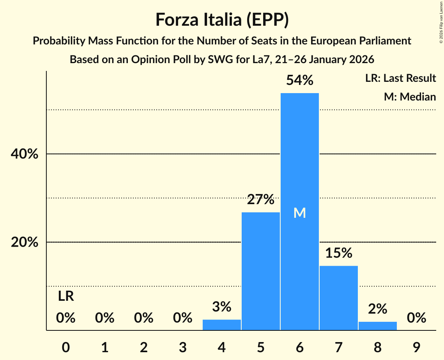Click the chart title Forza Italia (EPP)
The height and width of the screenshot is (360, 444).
click(222, 19)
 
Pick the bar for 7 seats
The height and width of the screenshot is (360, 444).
click(338, 298)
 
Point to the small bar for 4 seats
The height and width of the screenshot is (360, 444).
click(222, 325)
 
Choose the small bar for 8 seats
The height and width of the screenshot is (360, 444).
click(377, 326)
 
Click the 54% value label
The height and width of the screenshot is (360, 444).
click(299, 80)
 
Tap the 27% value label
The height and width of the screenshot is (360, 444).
click(261, 199)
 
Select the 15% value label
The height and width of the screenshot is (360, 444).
click(338, 253)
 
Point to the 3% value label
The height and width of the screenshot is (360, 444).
click(222, 307)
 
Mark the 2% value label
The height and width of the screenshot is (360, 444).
click(377, 309)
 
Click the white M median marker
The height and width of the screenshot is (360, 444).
click(299, 213)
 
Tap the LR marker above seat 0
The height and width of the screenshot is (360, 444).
click(66, 296)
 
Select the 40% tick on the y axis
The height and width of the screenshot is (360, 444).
click(25, 154)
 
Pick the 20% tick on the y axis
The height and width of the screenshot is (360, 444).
click(25, 242)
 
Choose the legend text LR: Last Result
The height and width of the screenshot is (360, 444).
click(400, 78)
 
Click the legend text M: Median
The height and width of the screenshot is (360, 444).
click(410, 97)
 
